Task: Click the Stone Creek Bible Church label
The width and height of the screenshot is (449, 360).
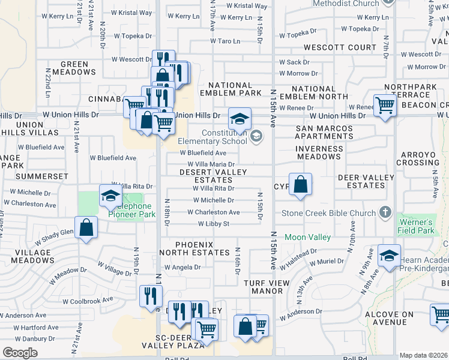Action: click(x=330, y=214)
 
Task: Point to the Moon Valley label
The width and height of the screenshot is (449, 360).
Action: click(x=307, y=238)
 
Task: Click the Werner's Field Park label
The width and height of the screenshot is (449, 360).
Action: click(x=416, y=226)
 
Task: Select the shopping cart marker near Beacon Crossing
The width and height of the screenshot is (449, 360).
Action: click(x=385, y=106)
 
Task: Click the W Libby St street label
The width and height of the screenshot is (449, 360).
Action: click(x=214, y=224)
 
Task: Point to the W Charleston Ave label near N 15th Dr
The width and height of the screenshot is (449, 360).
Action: click(x=213, y=212)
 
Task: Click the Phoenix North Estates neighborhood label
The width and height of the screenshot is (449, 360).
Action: click(x=194, y=248)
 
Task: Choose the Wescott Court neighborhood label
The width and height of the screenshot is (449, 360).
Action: click(x=340, y=47)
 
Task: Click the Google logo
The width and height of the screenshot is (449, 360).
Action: click(x=20, y=353)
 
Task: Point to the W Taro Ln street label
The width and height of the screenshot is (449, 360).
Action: click(x=225, y=41)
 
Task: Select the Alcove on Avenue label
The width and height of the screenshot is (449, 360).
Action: click(x=391, y=318)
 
